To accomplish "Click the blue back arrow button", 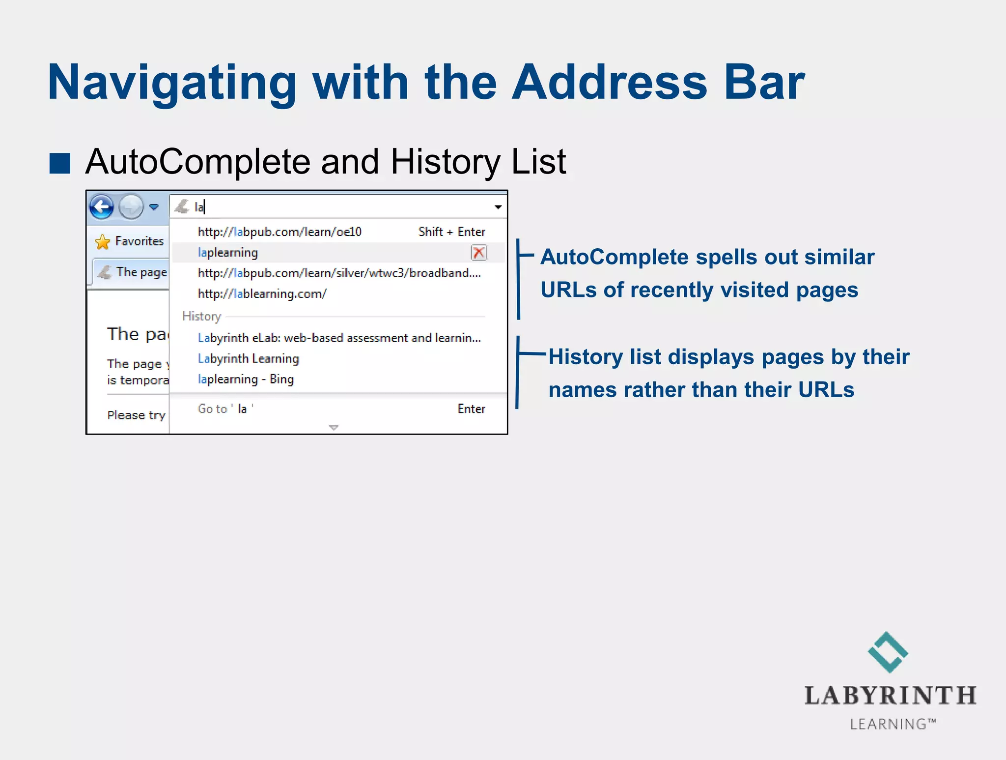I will [x=102, y=206].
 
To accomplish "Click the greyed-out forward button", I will [x=131, y=206].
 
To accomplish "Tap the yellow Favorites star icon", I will [x=103, y=242].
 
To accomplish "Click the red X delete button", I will [x=478, y=253].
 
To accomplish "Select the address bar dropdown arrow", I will [x=498, y=207].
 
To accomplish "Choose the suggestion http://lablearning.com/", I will [x=262, y=294].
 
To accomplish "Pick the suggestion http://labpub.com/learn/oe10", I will [x=279, y=232].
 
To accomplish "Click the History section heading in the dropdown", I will [x=201, y=316].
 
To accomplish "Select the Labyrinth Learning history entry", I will [x=248, y=359].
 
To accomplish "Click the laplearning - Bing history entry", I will [x=246, y=380].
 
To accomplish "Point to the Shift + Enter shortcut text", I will [x=451, y=232].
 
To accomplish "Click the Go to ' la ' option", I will [x=225, y=409].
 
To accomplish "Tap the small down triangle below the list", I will [x=334, y=428].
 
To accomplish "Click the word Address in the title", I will [x=609, y=83].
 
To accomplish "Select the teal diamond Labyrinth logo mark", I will [x=888, y=652].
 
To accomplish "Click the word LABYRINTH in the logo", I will [x=890, y=696].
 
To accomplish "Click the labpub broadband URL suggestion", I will [x=339, y=273].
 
